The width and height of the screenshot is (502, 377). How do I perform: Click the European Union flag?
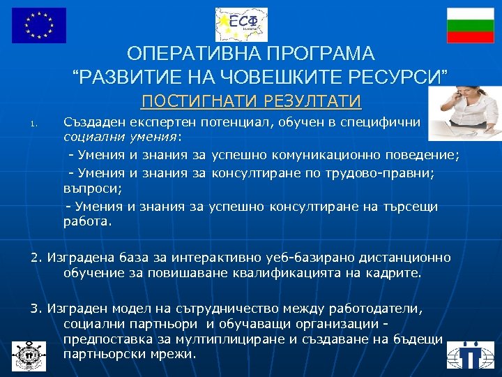click(39, 25)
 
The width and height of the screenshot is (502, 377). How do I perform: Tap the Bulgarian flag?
click(471, 25)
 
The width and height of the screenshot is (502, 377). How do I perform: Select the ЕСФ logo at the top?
click(241, 24)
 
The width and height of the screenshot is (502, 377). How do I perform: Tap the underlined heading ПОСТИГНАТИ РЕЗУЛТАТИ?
click(251, 102)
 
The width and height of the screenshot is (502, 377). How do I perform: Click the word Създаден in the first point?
click(93, 123)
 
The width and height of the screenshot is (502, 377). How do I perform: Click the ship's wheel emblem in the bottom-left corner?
click(29, 354)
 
